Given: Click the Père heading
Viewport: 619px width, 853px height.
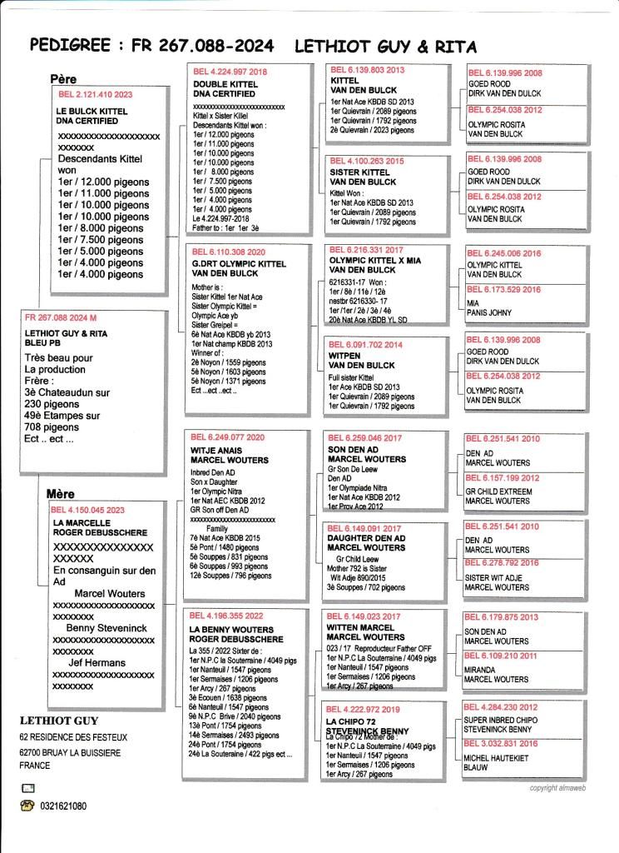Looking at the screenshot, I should coord(63,79).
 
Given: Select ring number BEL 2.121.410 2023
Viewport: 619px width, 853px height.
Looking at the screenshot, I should coord(92,94).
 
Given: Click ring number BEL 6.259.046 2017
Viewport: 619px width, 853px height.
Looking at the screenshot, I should coord(366,437).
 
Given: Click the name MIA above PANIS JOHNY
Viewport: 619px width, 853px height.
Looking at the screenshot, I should coord(473,303).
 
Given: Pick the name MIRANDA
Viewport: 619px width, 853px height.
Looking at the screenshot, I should coord(483,669).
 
